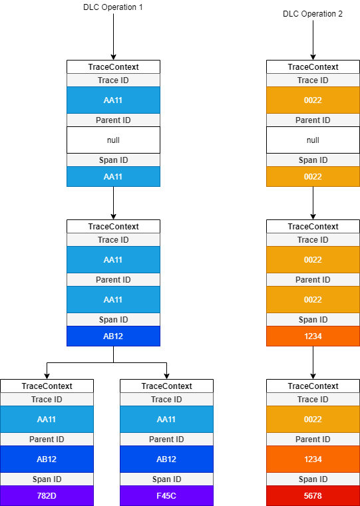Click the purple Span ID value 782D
[47, 495]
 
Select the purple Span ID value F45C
[166, 495]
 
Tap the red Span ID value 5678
[313, 495]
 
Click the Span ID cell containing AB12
[113, 336]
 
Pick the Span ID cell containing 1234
[313, 336]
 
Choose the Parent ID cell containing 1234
[313, 459]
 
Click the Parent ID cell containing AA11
[113, 299]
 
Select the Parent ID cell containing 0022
[313, 299]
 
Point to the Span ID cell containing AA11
[113, 176]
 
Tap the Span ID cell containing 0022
[313, 176]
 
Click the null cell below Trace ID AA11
[113, 140]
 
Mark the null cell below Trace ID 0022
[313, 140]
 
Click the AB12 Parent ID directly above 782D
[47, 459]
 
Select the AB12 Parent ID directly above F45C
[166, 459]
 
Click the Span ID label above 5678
[313, 479]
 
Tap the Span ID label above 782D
[47, 479]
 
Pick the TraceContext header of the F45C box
[166, 386]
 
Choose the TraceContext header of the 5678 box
[313, 386]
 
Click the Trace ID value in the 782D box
[47, 419]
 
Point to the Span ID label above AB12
[113, 319]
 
